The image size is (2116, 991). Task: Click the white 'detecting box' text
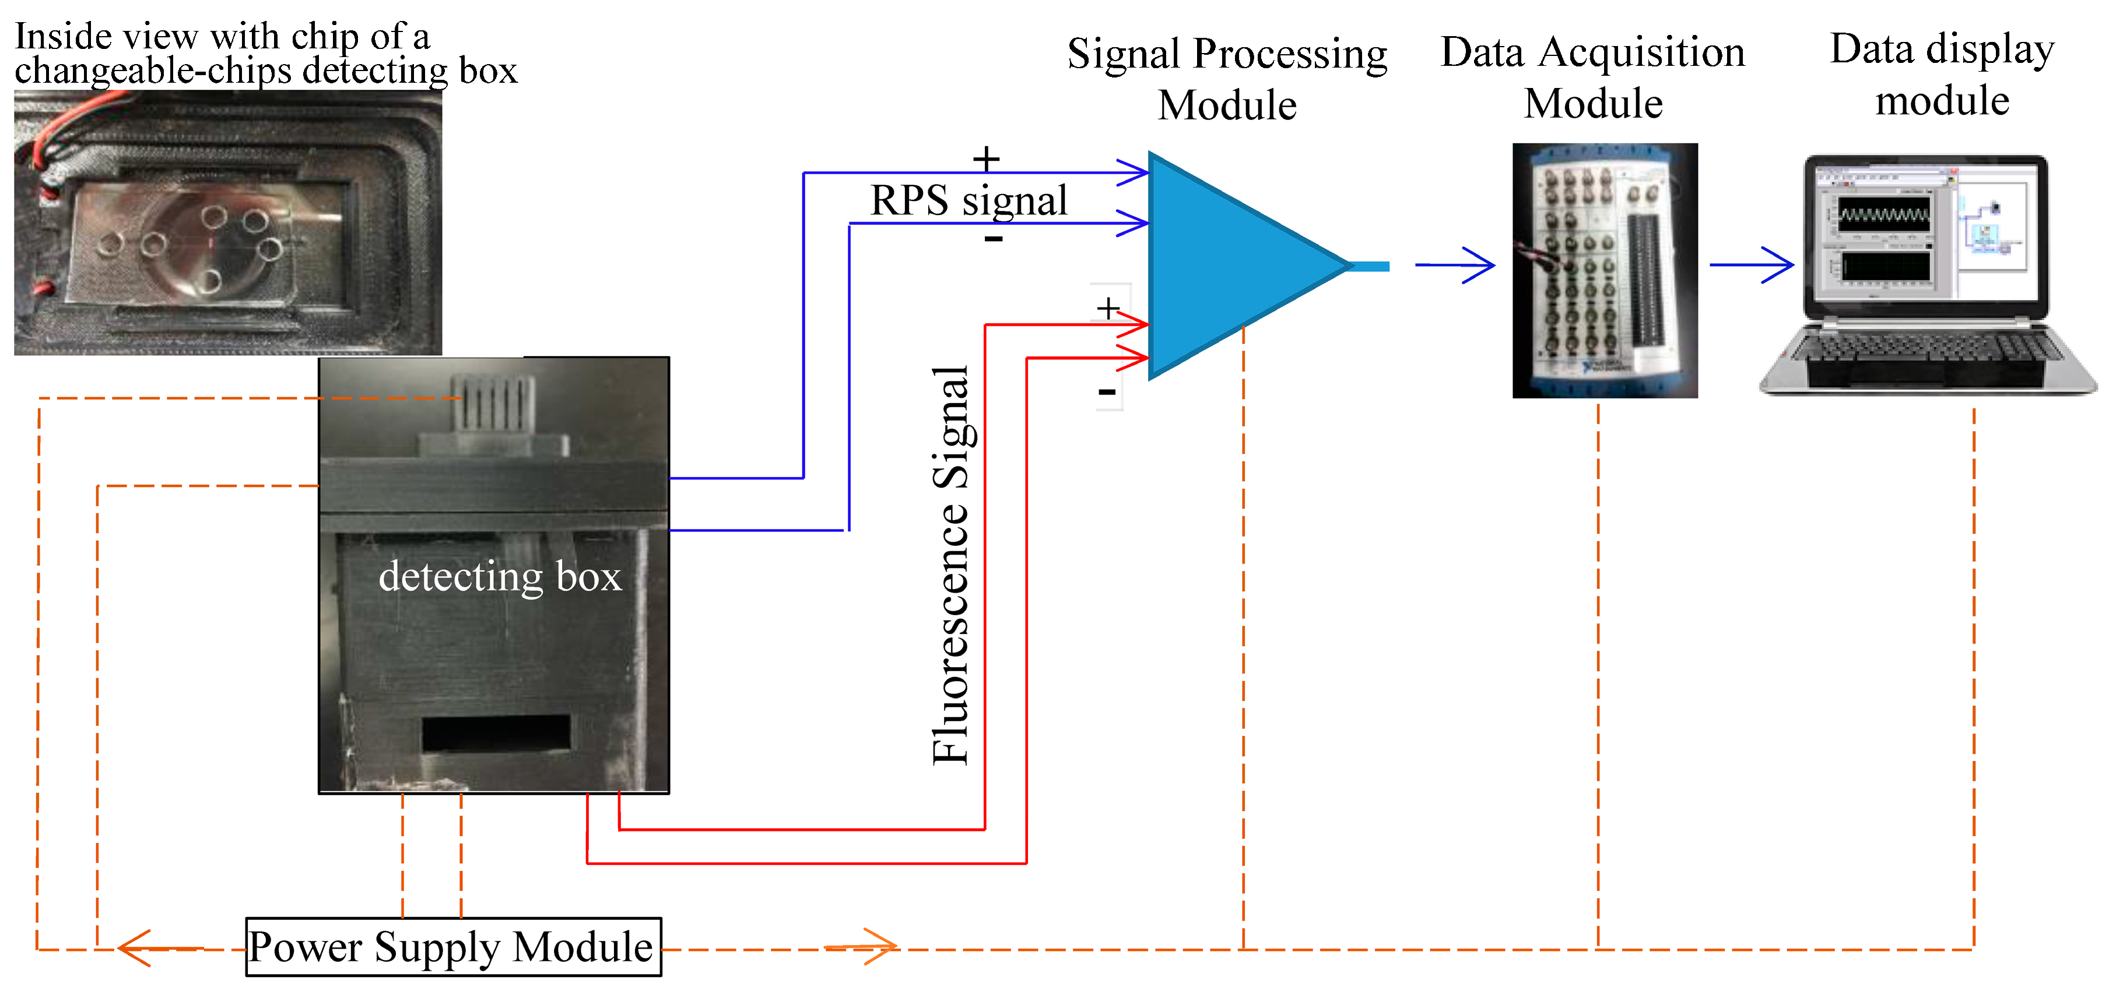(500, 576)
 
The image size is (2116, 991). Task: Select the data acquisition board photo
(1604, 270)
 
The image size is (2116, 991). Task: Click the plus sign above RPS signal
(986, 158)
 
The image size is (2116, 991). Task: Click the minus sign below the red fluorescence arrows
(1107, 392)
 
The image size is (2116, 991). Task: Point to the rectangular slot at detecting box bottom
(495, 732)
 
